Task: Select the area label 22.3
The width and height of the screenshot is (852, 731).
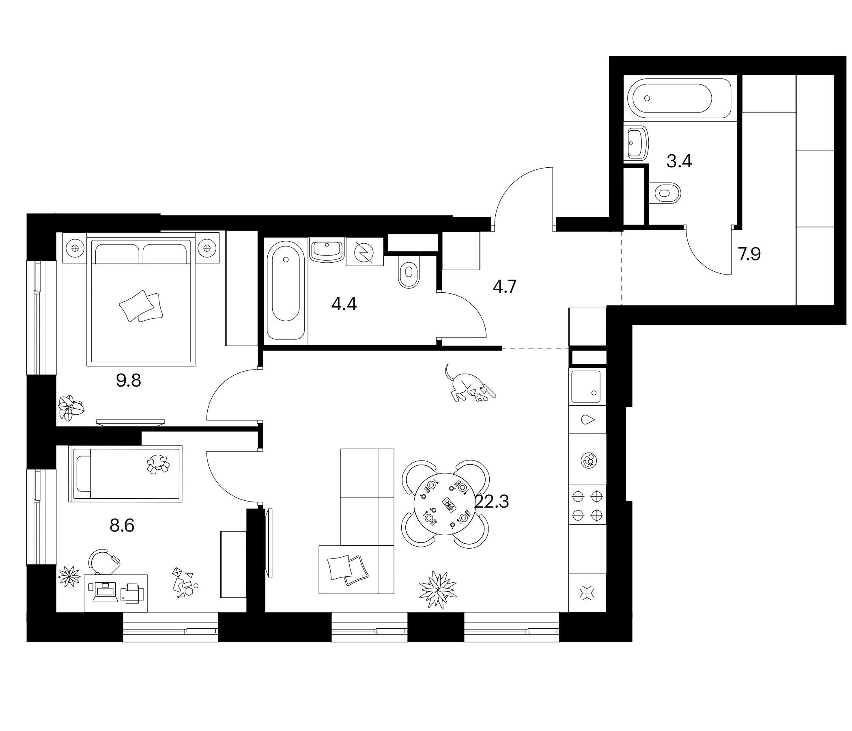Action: pyautogui.click(x=492, y=502)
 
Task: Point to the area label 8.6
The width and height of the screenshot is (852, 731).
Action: pyautogui.click(x=122, y=526)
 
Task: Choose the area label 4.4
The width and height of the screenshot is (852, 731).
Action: pyautogui.click(x=344, y=304)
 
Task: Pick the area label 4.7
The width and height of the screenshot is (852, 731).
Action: pyautogui.click(x=505, y=286)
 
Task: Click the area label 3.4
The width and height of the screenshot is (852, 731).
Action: pyautogui.click(x=679, y=161)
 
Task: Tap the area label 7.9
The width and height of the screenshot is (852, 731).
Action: pyautogui.click(x=749, y=254)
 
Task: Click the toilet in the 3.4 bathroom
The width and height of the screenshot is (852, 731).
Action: pyautogui.click(x=665, y=193)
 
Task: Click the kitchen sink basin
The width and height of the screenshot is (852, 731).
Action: pyautogui.click(x=585, y=387)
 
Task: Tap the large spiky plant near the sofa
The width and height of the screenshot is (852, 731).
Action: pyautogui.click(x=437, y=589)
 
